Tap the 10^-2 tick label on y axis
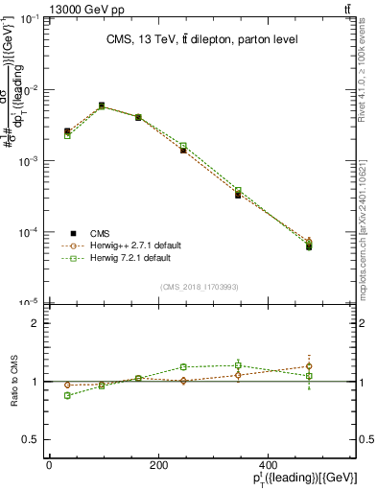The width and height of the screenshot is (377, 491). [x=30, y=90]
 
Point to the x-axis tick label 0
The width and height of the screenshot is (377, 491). [x=49, y=465]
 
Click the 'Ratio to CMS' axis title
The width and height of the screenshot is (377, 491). [x=15, y=381]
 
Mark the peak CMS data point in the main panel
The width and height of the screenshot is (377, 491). [x=102, y=105]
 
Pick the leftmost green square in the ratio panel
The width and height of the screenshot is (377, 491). [x=67, y=395]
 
